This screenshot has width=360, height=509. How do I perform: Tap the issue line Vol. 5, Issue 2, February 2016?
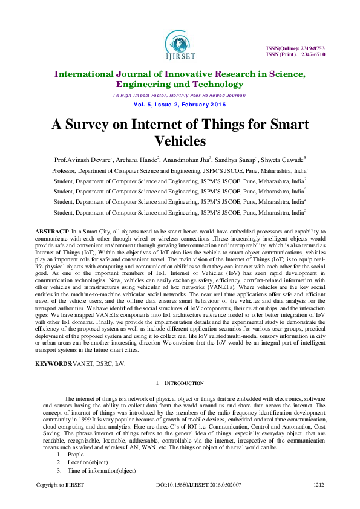click(180, 104)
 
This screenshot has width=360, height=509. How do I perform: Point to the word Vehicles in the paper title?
click(180, 141)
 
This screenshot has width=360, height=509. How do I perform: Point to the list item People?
click(76, 454)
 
